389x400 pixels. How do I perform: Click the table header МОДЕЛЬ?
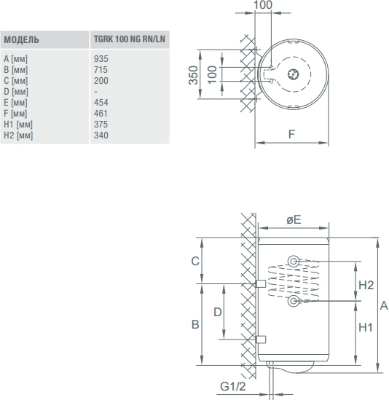[x=21, y=40]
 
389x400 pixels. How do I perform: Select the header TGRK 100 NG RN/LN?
[x=130, y=39]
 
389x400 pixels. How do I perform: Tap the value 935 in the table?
[x=101, y=59]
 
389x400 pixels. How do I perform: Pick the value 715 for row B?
[x=101, y=70]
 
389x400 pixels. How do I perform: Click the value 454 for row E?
[x=101, y=103]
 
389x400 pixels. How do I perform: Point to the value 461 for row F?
[x=101, y=114]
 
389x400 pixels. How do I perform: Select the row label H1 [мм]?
[x=18, y=125]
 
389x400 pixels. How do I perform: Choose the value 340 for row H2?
[x=101, y=136]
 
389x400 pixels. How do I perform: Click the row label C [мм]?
[x=15, y=81]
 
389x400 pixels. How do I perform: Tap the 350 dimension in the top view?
[x=193, y=75]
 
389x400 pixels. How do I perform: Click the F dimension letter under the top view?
[x=291, y=134]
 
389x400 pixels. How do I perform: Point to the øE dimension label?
[x=294, y=219]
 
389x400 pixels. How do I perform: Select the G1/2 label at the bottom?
[x=232, y=386]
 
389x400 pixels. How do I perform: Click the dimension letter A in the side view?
[x=384, y=305]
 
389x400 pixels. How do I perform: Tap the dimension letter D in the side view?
[x=217, y=312]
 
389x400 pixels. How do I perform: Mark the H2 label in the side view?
[x=366, y=285]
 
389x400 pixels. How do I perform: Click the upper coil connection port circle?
[x=294, y=262]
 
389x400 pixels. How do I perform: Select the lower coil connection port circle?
[x=294, y=301]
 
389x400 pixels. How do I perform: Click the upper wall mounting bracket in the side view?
[x=261, y=283]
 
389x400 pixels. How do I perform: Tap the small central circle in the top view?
[x=294, y=74]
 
